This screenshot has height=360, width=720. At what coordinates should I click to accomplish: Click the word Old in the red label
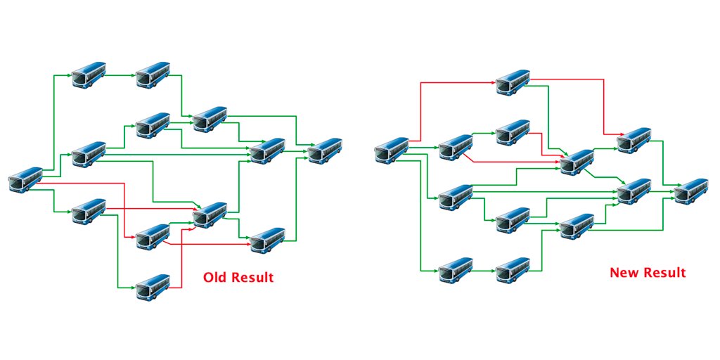[x=215, y=278]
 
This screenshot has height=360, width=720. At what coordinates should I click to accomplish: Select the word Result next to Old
[x=252, y=278]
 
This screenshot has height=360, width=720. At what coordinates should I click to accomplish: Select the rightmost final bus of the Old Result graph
[x=325, y=150]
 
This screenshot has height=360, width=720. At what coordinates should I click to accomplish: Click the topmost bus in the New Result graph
[x=513, y=82]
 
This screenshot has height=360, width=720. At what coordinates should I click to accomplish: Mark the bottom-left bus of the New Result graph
[x=456, y=271]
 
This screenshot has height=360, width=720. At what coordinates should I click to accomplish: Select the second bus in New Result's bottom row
[x=513, y=271]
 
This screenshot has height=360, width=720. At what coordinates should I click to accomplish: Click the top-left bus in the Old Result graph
[x=89, y=74]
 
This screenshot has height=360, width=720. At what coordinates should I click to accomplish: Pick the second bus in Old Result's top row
[x=153, y=74]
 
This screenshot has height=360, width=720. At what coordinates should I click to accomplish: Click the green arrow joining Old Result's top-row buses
[x=121, y=74]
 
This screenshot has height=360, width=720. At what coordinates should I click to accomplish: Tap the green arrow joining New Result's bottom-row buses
[x=484, y=271]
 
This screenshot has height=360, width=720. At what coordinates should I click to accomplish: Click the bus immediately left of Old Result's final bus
[x=268, y=150]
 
